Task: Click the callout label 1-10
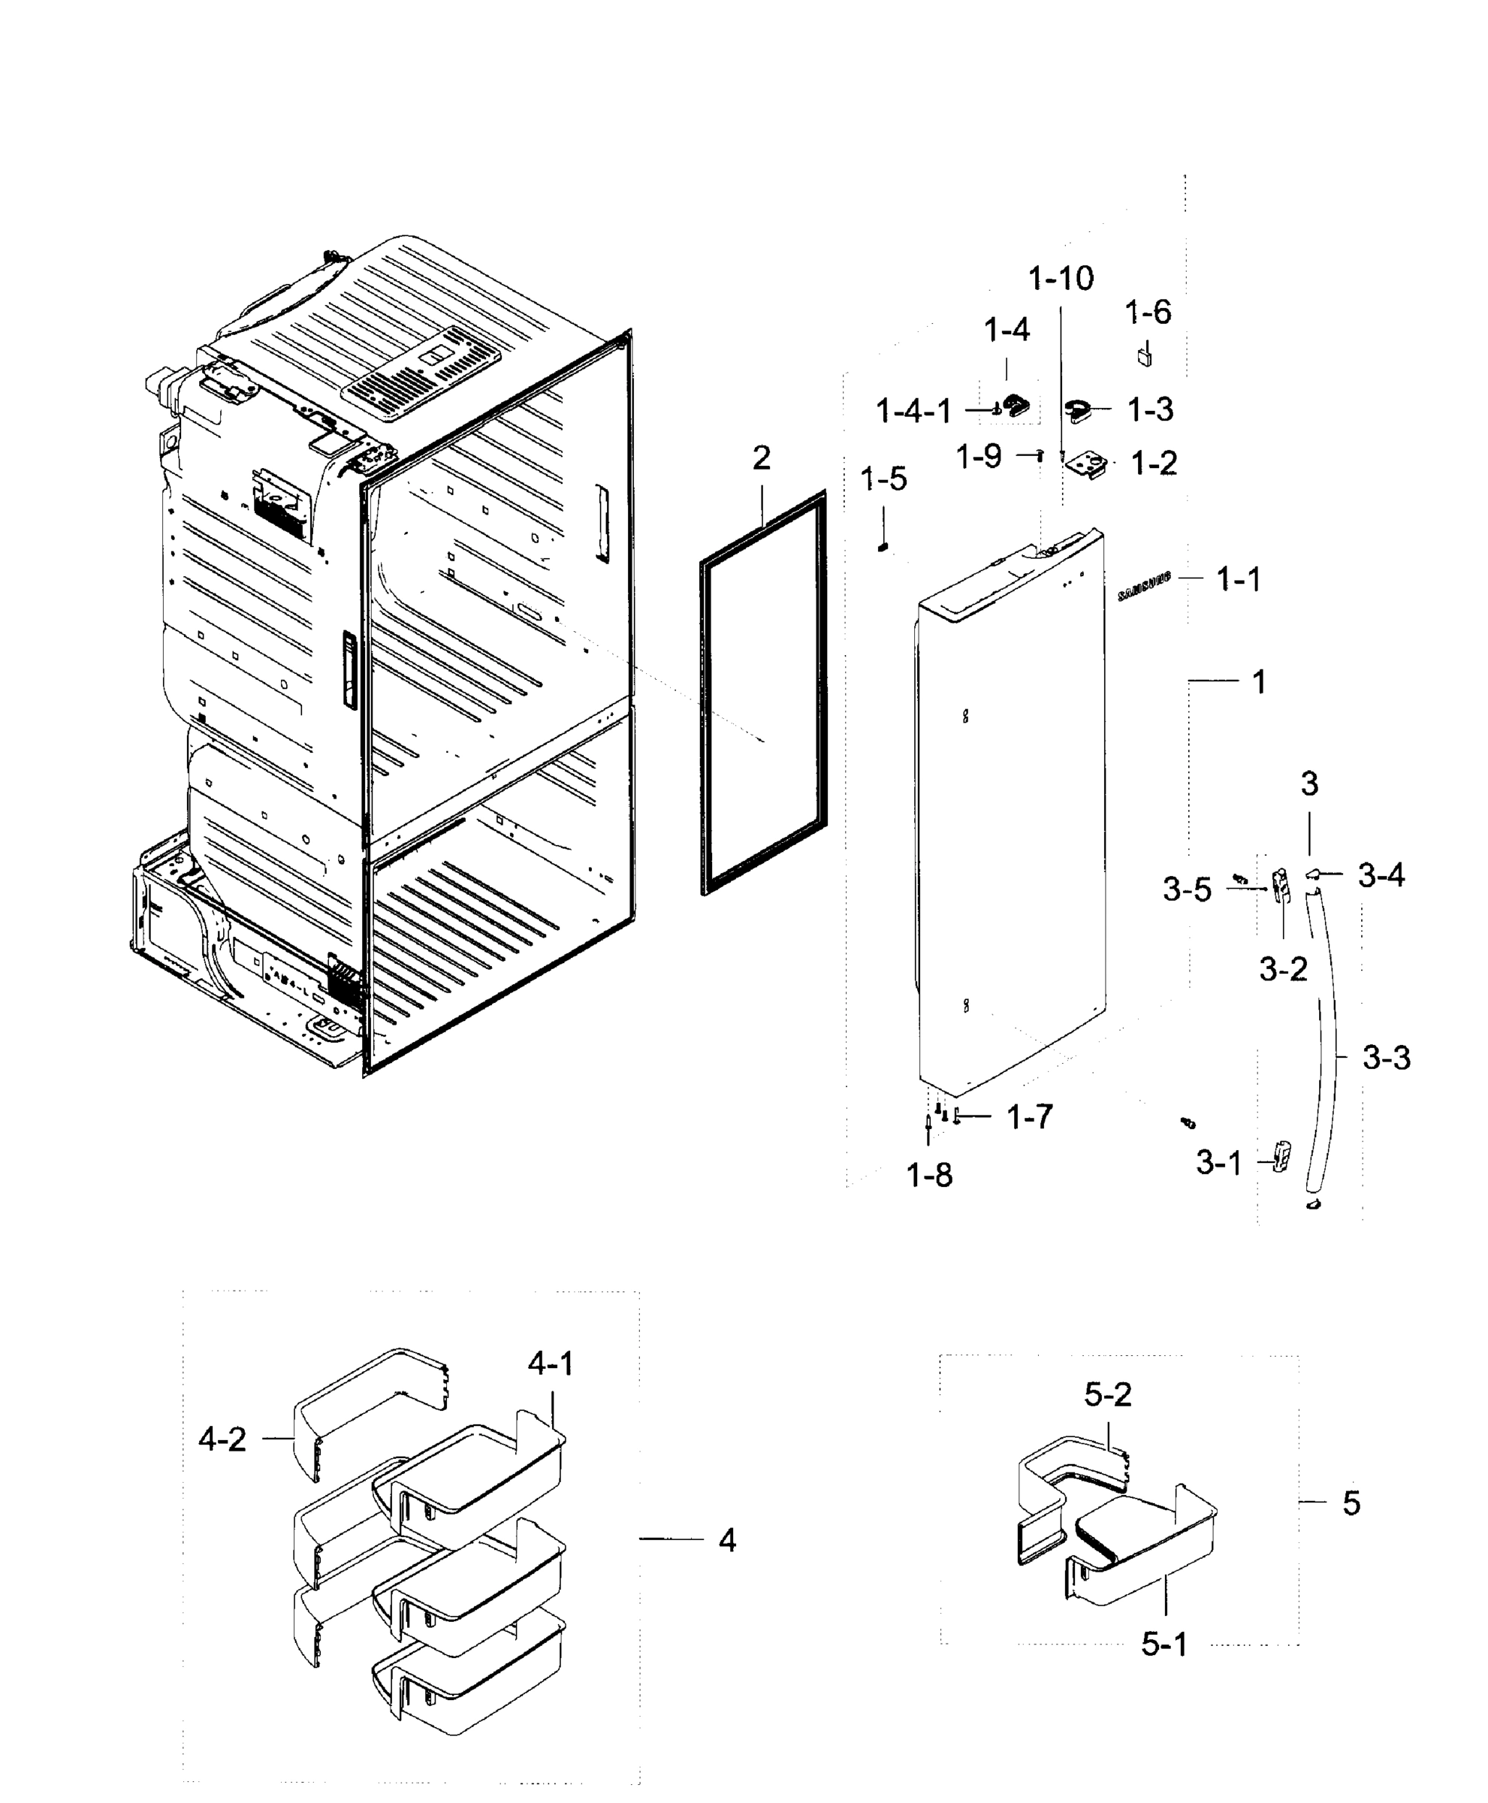(1061, 279)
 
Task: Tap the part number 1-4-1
(913, 412)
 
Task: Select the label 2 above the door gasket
(761, 459)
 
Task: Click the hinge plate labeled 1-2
(1087, 466)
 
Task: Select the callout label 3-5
(1187, 891)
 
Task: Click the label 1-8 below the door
(930, 1176)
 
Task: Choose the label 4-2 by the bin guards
(222, 1439)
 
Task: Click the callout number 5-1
(1164, 1644)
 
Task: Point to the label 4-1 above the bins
(551, 1364)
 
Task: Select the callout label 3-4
(1381, 875)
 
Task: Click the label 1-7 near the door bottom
(1029, 1116)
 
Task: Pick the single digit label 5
(1351, 1503)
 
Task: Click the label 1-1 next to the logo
(1239, 581)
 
